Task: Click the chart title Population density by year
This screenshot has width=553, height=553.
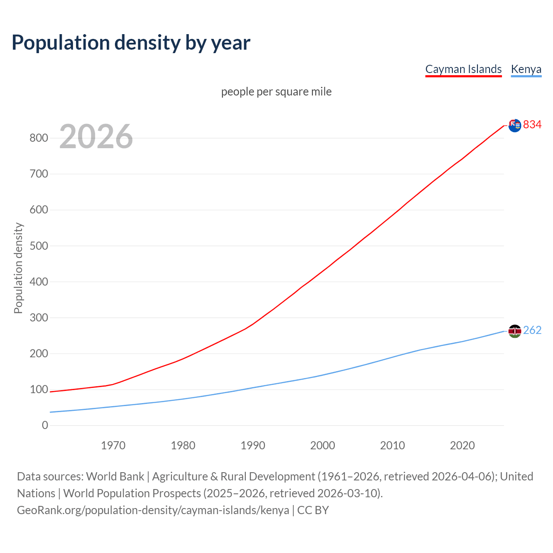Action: pyautogui.click(x=131, y=42)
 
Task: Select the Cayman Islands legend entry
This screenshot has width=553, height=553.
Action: pyautogui.click(x=463, y=69)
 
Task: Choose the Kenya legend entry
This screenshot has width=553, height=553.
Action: pyautogui.click(x=526, y=69)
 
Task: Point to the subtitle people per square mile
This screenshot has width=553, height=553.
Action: pyautogui.click(x=276, y=92)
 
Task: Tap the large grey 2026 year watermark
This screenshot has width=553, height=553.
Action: pyautogui.click(x=96, y=137)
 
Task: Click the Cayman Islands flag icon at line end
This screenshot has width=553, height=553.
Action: pyautogui.click(x=515, y=125)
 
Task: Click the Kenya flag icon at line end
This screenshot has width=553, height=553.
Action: pyautogui.click(x=515, y=331)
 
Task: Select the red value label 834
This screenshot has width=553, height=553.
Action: pyautogui.click(x=532, y=124)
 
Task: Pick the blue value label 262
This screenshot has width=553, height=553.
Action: pyautogui.click(x=532, y=330)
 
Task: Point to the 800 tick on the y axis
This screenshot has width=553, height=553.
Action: pyautogui.click(x=38, y=138)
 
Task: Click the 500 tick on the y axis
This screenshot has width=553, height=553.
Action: pyautogui.click(x=38, y=246)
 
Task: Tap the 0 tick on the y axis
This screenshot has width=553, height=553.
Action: pyautogui.click(x=45, y=425)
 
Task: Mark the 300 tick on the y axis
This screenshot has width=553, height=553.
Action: pyautogui.click(x=38, y=318)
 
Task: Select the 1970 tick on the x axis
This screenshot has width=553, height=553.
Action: pyautogui.click(x=113, y=445)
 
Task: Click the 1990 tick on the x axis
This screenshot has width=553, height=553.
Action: pyautogui.click(x=253, y=445)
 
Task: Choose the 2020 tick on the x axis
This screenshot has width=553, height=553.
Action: pyautogui.click(x=462, y=445)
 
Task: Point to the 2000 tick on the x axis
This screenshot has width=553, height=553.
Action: pyautogui.click(x=323, y=445)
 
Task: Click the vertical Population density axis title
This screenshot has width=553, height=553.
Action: pyautogui.click(x=18, y=268)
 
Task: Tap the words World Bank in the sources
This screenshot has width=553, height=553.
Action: pyautogui.click(x=115, y=477)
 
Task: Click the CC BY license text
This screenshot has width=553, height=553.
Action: pyautogui.click(x=313, y=510)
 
